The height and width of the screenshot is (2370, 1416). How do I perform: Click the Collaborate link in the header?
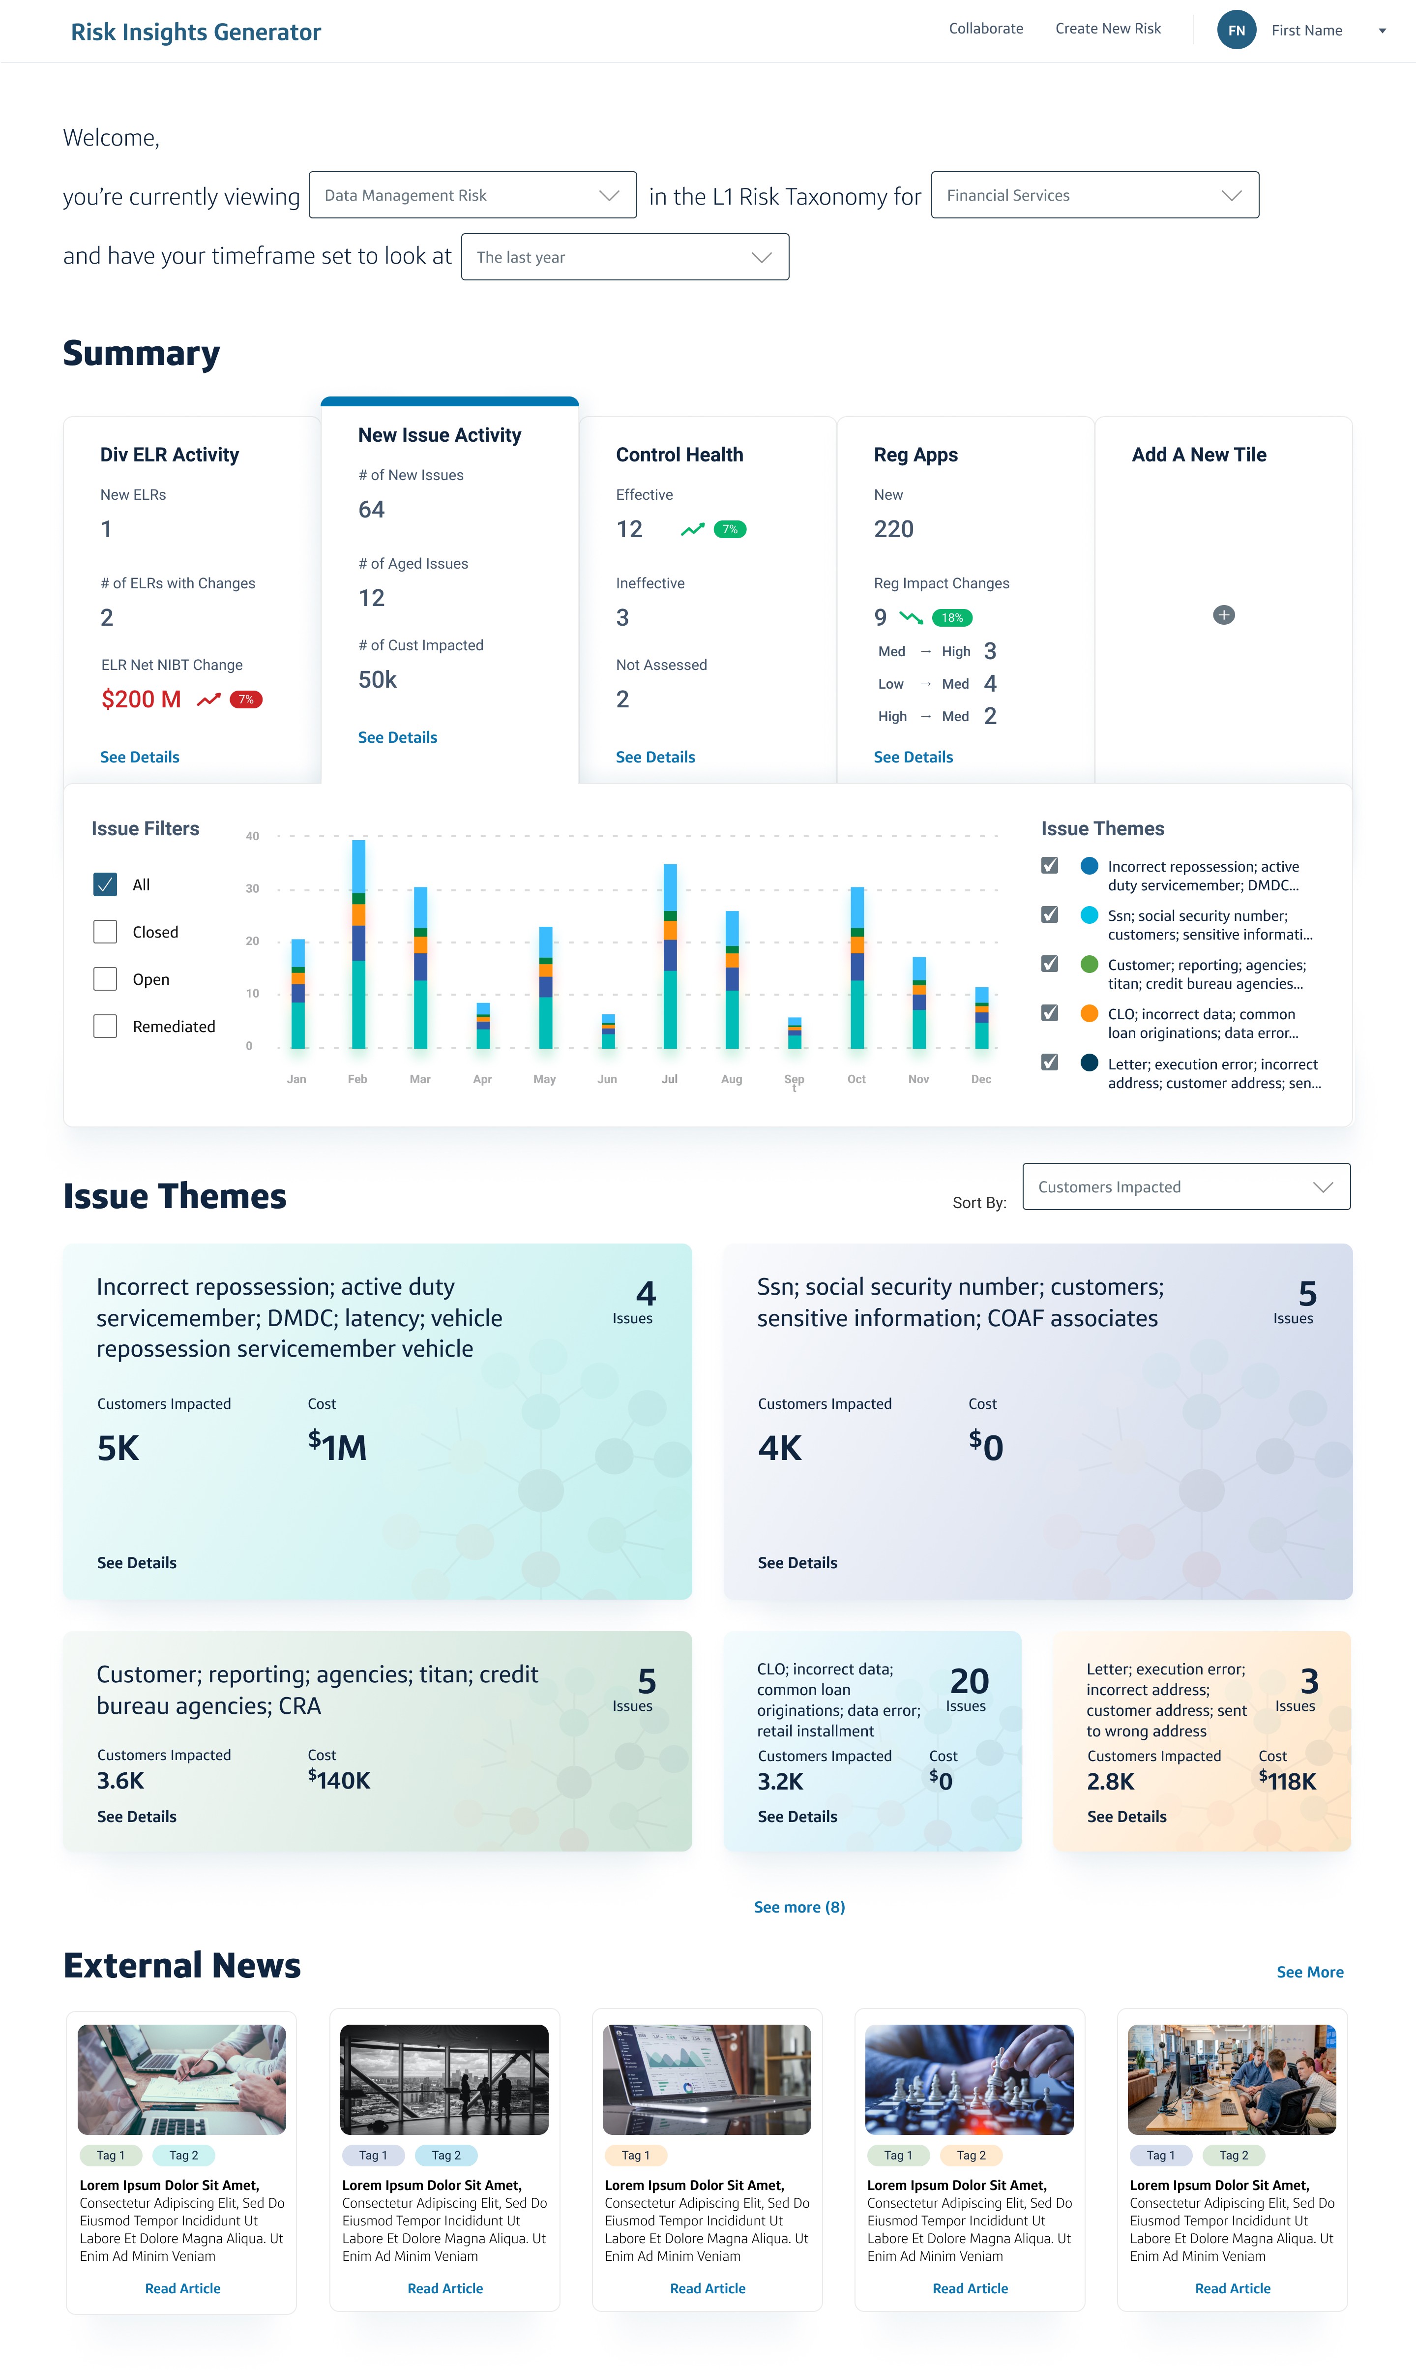coord(986,29)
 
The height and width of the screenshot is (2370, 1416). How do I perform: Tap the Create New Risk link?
coord(1108,29)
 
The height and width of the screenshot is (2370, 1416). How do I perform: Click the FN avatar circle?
coord(1236,30)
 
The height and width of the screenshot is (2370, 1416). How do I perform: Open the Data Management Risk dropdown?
coord(472,195)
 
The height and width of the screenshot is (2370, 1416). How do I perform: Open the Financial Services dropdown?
coord(1094,195)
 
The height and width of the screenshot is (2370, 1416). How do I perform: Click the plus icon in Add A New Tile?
coord(1223,615)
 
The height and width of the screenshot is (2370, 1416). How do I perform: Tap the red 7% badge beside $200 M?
coord(246,699)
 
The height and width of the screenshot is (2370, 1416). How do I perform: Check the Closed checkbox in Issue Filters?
coord(105,932)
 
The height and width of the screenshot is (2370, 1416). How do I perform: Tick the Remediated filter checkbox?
coord(105,1026)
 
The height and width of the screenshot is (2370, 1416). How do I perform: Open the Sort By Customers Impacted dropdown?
coord(1186,1186)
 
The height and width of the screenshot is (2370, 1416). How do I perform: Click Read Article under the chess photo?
coord(970,2288)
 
